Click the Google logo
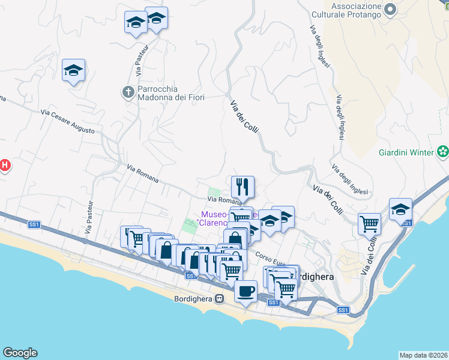(20, 353)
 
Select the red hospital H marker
(4, 165)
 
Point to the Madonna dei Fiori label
(172, 97)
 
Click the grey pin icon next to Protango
(391, 10)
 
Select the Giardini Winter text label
(406, 152)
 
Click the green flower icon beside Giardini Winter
(442, 152)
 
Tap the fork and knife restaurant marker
(243, 187)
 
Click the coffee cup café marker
(246, 292)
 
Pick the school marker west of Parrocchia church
(73, 70)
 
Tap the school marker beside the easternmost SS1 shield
(400, 209)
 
